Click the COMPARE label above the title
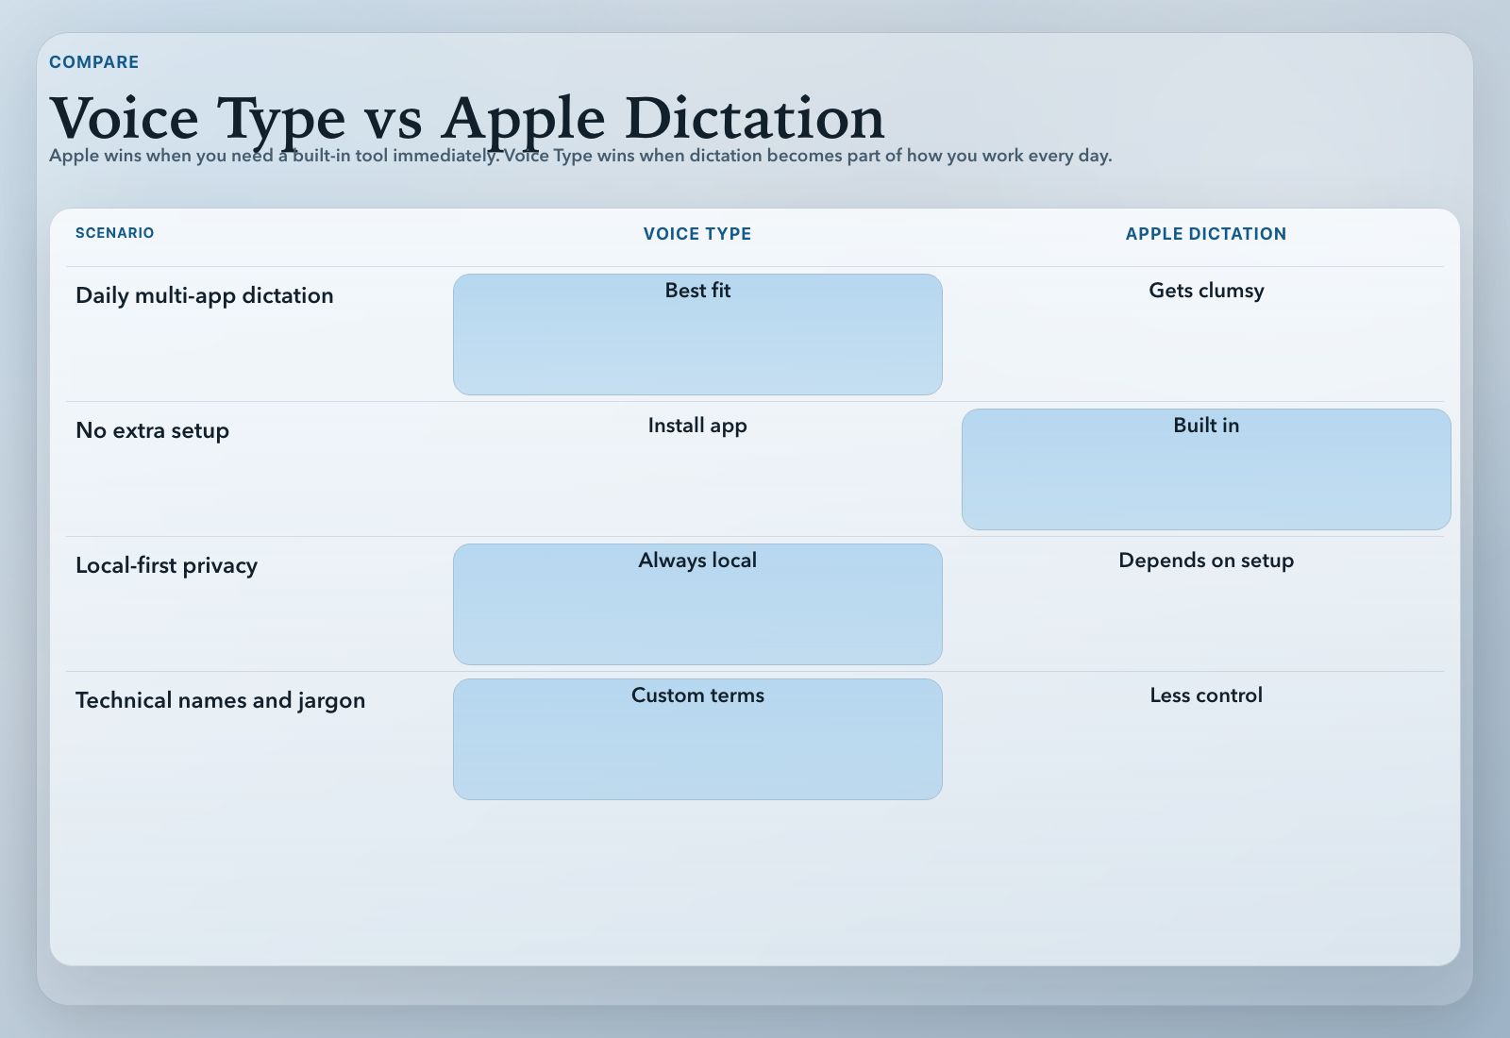point(93,62)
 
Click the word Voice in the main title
point(125,119)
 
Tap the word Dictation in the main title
point(754,119)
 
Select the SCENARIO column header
point(114,233)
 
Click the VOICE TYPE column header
point(697,234)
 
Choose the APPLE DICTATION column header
point(1205,234)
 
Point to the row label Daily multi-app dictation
point(204,295)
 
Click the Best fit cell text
point(697,291)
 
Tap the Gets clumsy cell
point(1206,291)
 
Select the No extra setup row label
point(152,430)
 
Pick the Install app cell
point(697,426)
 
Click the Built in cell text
point(1206,426)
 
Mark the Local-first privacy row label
point(166,565)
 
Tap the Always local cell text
point(697,561)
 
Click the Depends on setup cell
point(1206,561)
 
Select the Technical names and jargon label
point(220,700)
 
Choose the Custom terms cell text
point(697,695)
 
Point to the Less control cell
point(1206,695)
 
